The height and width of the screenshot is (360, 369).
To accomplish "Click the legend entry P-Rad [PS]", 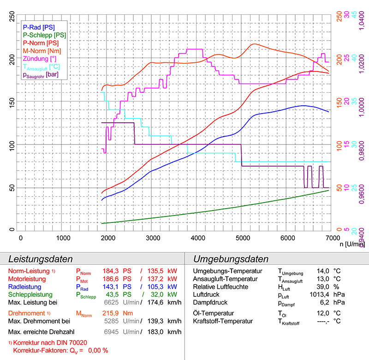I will coord(39,27).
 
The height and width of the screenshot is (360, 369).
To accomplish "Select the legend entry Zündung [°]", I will coord(40,58).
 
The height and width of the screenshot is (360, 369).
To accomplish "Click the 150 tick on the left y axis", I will coord(12,101).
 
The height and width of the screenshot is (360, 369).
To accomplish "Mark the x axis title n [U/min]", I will coord(349,244).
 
